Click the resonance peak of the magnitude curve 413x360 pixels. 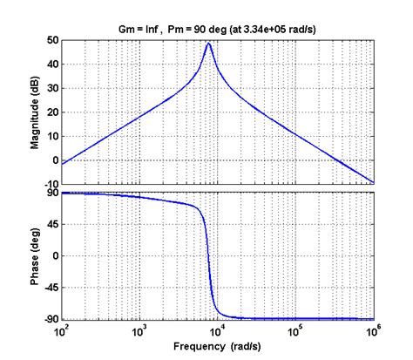(209, 44)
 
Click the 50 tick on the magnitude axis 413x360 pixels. (52, 40)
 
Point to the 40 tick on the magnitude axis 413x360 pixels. (52, 65)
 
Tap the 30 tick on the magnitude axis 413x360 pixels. (52, 88)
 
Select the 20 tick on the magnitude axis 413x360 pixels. (52, 112)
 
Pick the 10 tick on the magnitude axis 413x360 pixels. (52, 136)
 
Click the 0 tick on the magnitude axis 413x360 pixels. (55, 160)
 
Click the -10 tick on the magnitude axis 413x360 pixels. (51, 184)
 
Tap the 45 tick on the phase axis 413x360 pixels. (52, 225)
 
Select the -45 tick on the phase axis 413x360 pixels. (51, 289)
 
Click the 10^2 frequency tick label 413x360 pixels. (63, 332)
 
